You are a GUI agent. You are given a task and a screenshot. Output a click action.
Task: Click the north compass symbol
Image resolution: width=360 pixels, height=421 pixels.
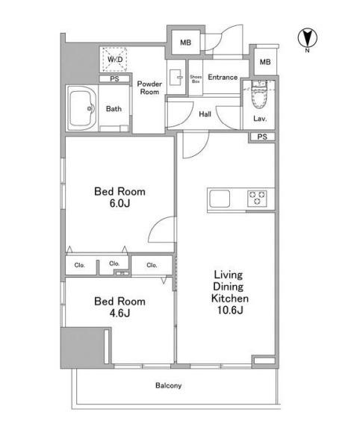point(307,39)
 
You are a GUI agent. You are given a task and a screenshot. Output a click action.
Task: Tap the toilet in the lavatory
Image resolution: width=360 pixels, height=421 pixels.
point(259,94)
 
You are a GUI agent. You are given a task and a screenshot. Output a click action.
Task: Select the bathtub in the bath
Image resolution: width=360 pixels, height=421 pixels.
point(81,108)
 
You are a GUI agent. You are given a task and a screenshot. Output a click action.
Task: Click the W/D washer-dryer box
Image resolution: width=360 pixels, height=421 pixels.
point(115,59)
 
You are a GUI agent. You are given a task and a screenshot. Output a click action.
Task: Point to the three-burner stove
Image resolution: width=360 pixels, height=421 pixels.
point(257,199)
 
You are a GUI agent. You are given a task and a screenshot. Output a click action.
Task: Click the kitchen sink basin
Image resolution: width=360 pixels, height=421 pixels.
point(220,199)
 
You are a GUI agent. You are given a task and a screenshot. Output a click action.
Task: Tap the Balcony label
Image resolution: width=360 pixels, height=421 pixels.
point(169,386)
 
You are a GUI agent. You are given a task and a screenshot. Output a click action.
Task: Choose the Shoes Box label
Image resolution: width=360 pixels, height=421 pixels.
point(196,79)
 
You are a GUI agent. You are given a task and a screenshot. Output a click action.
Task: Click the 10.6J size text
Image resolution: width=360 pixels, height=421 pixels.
point(230,310)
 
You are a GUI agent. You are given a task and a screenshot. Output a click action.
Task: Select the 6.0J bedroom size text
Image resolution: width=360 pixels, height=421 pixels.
point(120,203)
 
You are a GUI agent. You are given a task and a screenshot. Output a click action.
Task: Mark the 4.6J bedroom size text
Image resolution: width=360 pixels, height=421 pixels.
point(120,313)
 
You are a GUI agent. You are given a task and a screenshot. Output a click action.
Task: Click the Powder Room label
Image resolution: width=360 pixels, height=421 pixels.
point(149,88)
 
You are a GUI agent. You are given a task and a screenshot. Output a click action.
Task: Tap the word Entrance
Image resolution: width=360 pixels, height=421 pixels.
point(223,78)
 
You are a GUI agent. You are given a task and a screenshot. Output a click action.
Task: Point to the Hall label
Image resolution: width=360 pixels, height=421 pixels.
point(205,114)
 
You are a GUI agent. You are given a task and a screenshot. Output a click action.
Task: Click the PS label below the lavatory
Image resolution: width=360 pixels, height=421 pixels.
point(262,137)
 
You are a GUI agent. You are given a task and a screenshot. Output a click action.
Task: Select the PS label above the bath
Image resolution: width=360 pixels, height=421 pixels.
point(114,79)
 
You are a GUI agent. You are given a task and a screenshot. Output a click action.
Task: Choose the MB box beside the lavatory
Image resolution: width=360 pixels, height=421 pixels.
point(265,62)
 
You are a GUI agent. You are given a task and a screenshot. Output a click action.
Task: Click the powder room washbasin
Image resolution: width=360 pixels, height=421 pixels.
point(176,78)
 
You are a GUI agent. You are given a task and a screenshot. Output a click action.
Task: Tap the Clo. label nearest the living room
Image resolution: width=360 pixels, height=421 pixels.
point(152,265)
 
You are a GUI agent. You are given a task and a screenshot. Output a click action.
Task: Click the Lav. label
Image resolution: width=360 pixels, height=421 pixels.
point(260,119)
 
